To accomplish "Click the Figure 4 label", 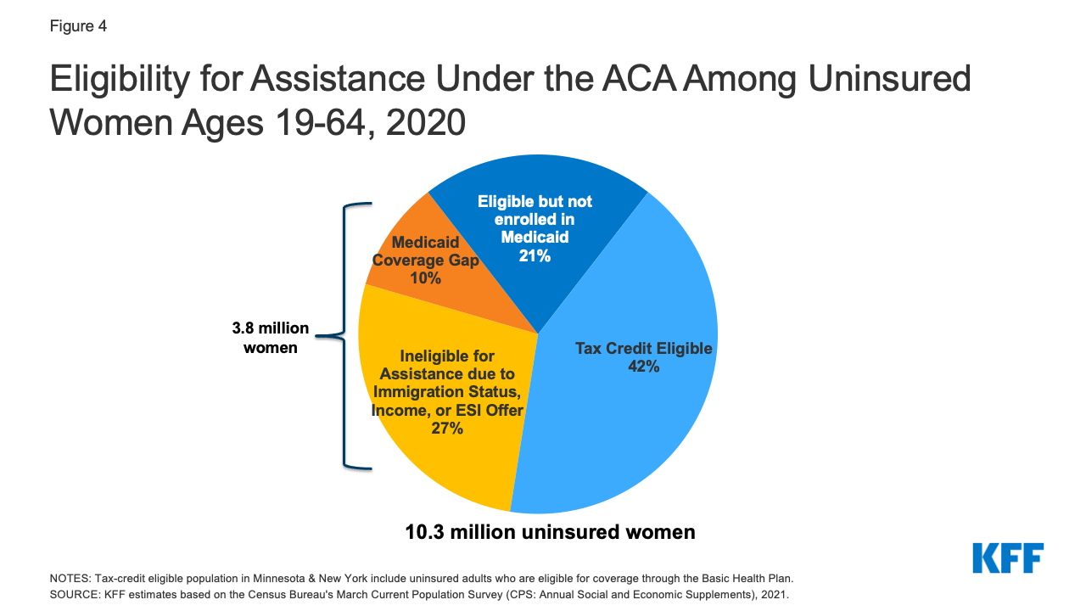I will (x=77, y=26).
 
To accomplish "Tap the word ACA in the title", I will (x=632, y=80).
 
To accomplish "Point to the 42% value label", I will (x=643, y=367).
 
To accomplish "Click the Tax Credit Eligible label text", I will (x=643, y=349).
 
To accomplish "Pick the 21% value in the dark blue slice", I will (x=535, y=255).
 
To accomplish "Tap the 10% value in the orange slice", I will (x=425, y=277).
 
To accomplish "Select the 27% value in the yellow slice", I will (x=447, y=429).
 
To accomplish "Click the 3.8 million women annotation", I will (x=271, y=338).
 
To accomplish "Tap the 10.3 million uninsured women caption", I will (x=550, y=532).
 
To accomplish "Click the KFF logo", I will (x=1007, y=558).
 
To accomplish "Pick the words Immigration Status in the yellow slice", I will (x=448, y=392).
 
